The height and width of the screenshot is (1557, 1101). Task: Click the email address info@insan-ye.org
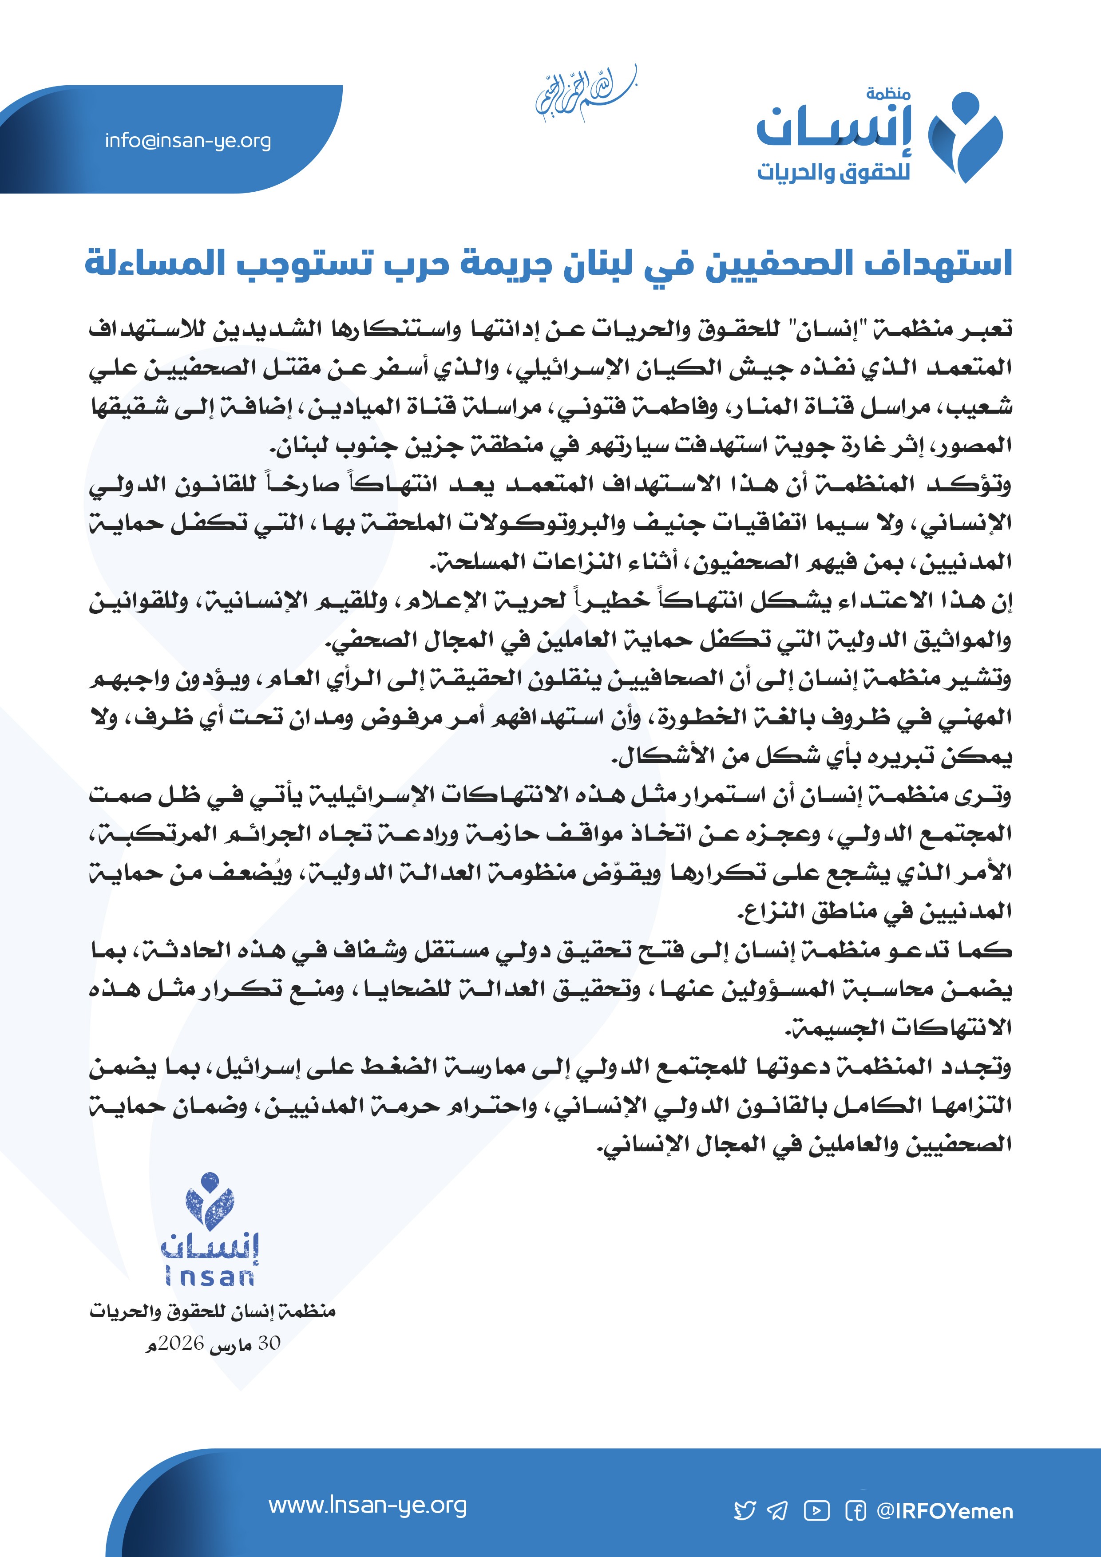tap(188, 141)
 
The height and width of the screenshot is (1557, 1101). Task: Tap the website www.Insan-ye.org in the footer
tap(368, 1505)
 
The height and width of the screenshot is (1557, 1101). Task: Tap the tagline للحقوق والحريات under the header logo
tap(834, 172)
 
